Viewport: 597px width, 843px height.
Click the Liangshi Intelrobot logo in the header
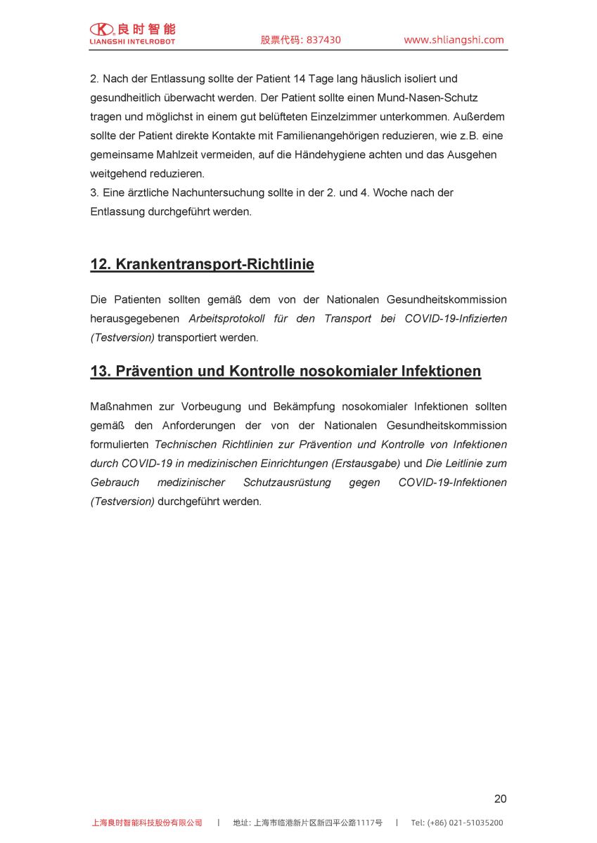132,33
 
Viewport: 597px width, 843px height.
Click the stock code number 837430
323,40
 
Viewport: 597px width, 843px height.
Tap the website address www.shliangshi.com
454,40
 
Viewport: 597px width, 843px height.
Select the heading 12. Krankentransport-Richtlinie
202,265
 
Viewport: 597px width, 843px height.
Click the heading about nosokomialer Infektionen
285,372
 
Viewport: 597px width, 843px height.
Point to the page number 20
500,799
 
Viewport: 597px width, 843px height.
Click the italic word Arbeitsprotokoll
226,319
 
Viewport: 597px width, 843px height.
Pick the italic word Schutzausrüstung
287,483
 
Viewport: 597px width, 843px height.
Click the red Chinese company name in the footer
147,823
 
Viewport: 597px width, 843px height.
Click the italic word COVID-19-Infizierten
455,319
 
